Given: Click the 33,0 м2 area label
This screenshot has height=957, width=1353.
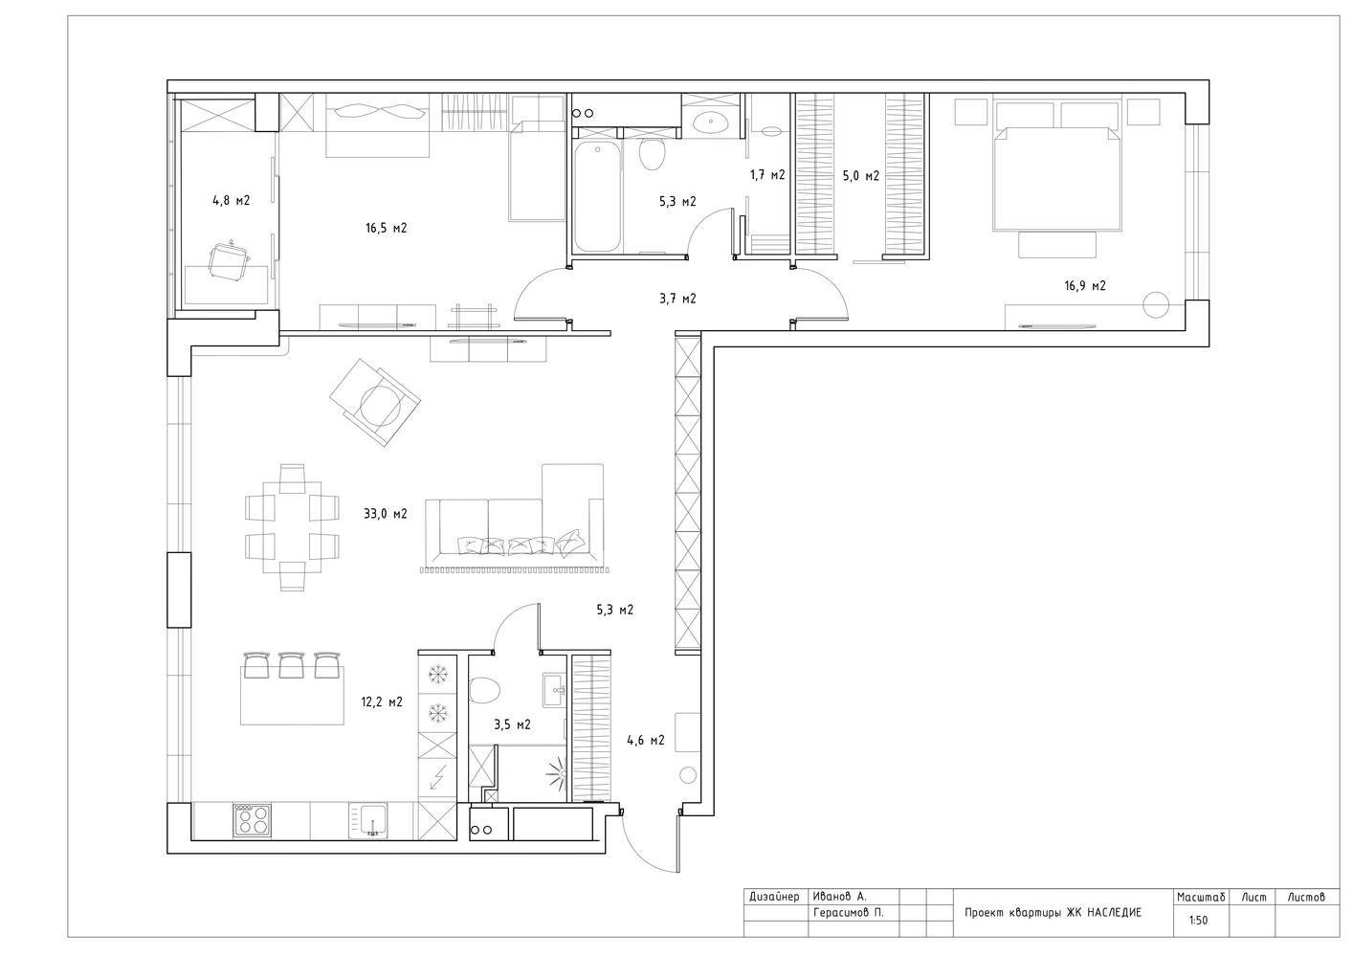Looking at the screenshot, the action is click(x=386, y=514).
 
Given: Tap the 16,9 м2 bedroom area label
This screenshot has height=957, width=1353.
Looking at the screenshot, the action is click(x=1085, y=286).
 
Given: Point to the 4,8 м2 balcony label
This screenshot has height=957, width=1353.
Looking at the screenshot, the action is click(x=231, y=201).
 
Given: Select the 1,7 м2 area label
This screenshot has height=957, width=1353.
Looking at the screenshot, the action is click(x=767, y=175).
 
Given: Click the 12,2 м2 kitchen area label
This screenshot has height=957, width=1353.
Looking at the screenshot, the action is click(x=382, y=702).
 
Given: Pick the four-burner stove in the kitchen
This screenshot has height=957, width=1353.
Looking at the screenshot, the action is click(x=253, y=820).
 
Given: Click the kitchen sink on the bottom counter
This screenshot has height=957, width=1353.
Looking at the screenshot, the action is click(x=367, y=820).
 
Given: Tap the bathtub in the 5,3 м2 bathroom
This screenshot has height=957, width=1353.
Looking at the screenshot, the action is click(x=597, y=196).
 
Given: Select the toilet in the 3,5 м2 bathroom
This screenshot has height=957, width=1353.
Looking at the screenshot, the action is click(x=484, y=691).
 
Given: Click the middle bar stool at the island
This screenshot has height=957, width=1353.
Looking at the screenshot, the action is click(x=291, y=664).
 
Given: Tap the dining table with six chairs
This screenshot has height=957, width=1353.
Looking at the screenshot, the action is click(x=293, y=527).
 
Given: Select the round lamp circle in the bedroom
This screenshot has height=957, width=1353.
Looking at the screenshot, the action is click(x=1156, y=304).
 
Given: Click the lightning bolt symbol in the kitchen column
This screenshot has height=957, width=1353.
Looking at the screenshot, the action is click(x=436, y=777).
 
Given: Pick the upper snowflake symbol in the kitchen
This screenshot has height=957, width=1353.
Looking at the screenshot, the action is click(x=436, y=673).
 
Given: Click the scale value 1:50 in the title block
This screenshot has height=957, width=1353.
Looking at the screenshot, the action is click(x=1198, y=920).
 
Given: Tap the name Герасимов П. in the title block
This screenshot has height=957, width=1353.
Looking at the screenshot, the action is click(x=848, y=913).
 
